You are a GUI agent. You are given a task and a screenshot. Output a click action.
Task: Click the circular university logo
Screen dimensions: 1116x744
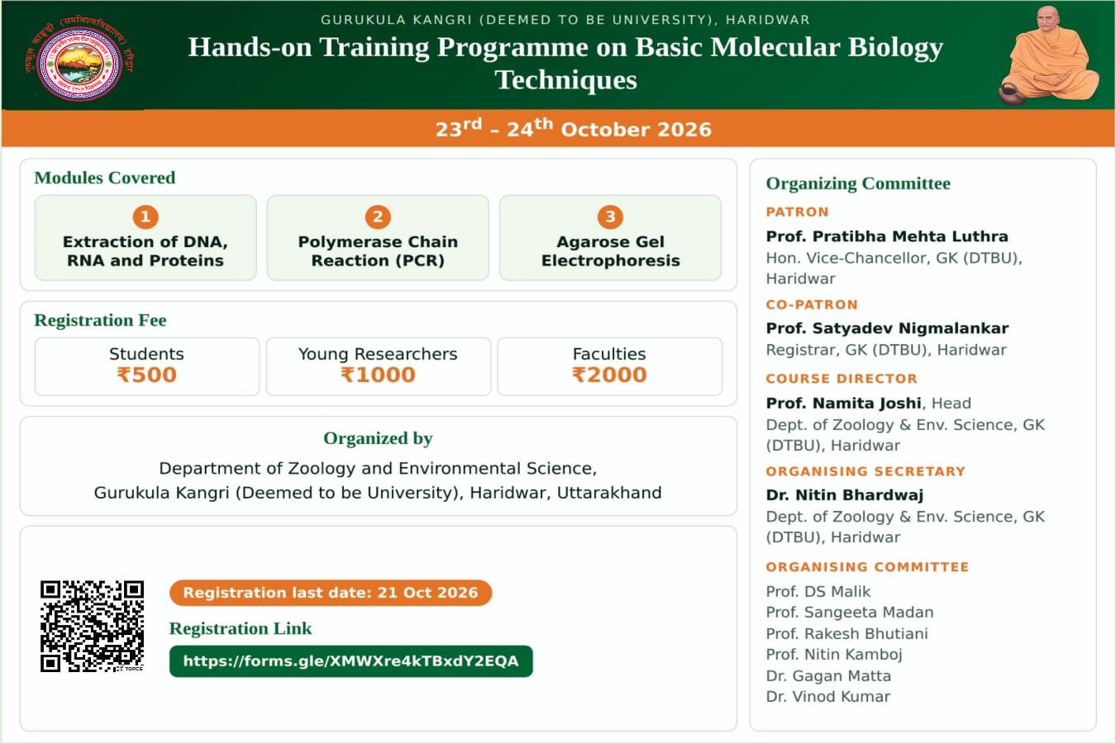(x=79, y=62)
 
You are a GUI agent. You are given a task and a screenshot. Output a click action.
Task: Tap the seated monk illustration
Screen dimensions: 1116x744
(x=1050, y=56)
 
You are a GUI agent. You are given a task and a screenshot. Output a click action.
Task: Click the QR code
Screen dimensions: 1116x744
(x=92, y=626)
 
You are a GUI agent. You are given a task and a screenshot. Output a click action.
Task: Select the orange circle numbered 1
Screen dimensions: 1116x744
(x=145, y=217)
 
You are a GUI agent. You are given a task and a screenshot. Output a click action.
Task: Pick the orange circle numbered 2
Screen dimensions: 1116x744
(x=378, y=217)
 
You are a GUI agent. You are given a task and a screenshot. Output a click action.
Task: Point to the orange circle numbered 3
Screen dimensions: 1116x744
(x=610, y=217)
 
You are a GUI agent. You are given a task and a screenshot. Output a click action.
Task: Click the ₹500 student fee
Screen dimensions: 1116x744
(x=147, y=374)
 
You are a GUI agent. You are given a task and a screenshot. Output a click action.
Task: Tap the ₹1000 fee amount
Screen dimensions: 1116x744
(x=378, y=374)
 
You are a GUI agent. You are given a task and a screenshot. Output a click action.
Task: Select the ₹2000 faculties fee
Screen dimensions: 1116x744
(x=609, y=374)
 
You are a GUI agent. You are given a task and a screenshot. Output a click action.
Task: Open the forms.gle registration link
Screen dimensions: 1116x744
(x=351, y=661)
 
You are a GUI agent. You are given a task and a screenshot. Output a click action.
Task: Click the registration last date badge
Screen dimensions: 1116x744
(x=331, y=593)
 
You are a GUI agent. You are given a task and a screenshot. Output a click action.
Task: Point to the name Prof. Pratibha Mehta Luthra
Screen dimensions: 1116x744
(x=887, y=236)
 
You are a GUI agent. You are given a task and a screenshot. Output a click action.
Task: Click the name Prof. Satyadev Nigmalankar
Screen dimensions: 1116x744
(x=887, y=328)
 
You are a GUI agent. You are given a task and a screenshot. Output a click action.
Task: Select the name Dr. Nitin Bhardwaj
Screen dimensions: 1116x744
(x=845, y=495)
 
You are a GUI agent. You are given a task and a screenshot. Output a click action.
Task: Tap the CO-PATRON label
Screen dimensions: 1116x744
(x=812, y=304)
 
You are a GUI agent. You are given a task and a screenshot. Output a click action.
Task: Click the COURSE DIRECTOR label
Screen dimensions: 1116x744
(x=842, y=379)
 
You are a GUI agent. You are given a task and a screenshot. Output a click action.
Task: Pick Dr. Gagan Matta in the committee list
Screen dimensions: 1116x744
(x=828, y=675)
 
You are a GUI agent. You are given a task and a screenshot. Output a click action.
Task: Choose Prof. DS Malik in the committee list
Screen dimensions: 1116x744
(x=818, y=592)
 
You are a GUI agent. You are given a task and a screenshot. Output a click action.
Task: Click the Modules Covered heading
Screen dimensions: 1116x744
(x=105, y=178)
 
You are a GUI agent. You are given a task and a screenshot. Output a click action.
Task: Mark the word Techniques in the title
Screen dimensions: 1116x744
(x=565, y=79)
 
